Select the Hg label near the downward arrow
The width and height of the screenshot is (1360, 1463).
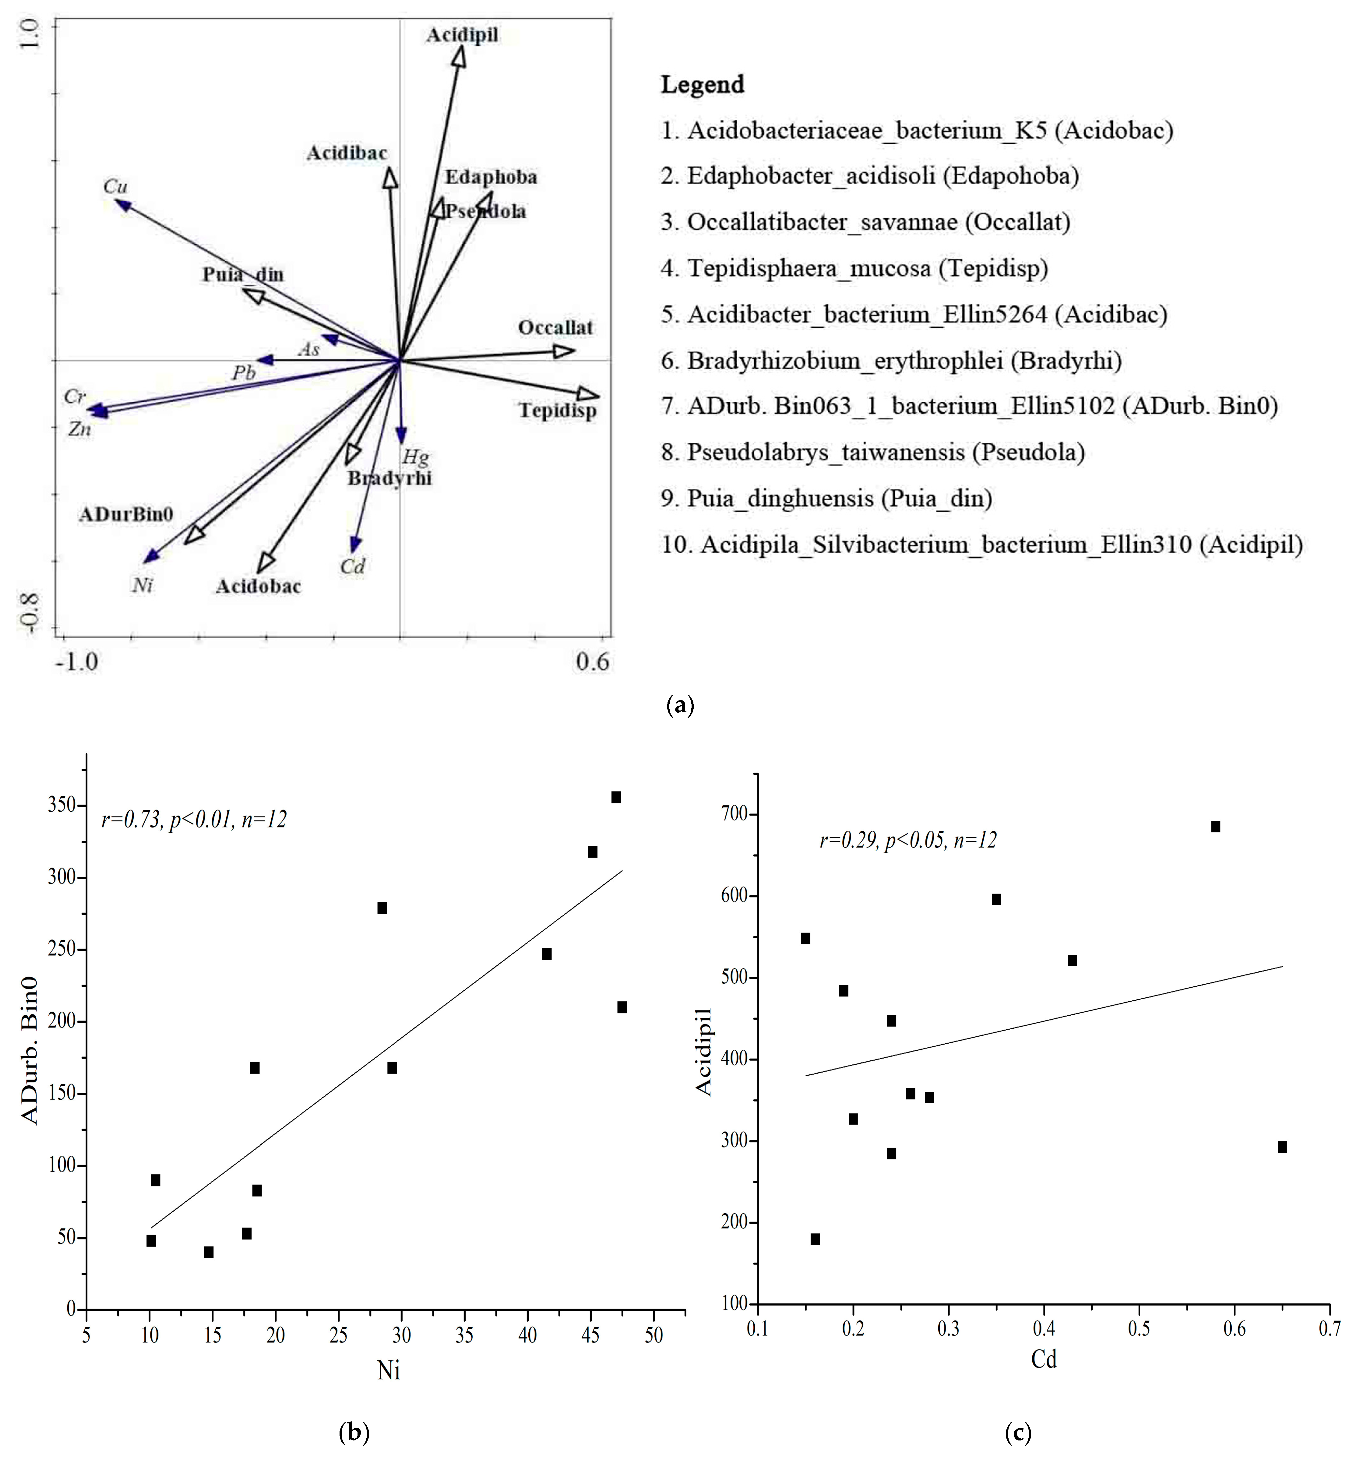(x=416, y=458)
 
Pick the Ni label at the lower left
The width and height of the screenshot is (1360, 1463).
(x=142, y=586)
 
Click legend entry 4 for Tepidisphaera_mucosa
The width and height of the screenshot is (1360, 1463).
(x=854, y=269)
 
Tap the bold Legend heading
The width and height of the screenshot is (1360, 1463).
(x=702, y=85)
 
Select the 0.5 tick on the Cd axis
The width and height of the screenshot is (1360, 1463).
(x=1139, y=1331)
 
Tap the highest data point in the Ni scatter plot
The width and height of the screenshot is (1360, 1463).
(x=616, y=797)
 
